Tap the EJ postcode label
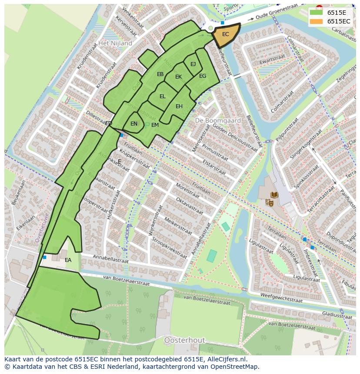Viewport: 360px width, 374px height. tap(193, 64)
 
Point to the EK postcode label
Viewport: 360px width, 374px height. tap(178, 77)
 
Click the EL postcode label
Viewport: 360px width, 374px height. tap(162, 96)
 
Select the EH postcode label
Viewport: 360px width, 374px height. tap(179, 106)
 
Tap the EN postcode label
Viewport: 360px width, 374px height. tap(134, 124)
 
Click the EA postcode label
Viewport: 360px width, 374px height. tap(68, 260)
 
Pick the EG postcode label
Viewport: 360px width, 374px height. tap(203, 76)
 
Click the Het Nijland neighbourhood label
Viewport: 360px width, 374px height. tap(115, 43)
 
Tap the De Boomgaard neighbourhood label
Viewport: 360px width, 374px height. tap(212, 120)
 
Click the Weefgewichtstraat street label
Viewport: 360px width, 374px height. tap(281, 298)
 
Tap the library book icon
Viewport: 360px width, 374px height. tap(274, 195)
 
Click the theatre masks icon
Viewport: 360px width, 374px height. tap(269, 202)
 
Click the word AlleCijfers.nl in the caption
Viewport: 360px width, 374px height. tap(226, 359)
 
